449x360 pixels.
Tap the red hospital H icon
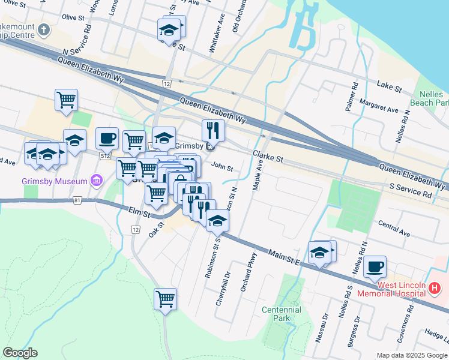tap(435, 289)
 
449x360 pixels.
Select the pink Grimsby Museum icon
tap(95, 180)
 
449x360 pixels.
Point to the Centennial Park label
tap(281, 314)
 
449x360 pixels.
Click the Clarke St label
tap(267, 157)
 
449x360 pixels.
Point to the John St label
tap(222, 167)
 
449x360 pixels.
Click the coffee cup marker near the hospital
tap(375, 266)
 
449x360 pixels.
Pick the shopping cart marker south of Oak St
tap(165, 298)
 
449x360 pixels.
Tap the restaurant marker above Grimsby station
tap(212, 130)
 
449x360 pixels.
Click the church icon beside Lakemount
tap(43, 29)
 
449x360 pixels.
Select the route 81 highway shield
tap(76, 200)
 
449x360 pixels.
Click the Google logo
tap(20, 353)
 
